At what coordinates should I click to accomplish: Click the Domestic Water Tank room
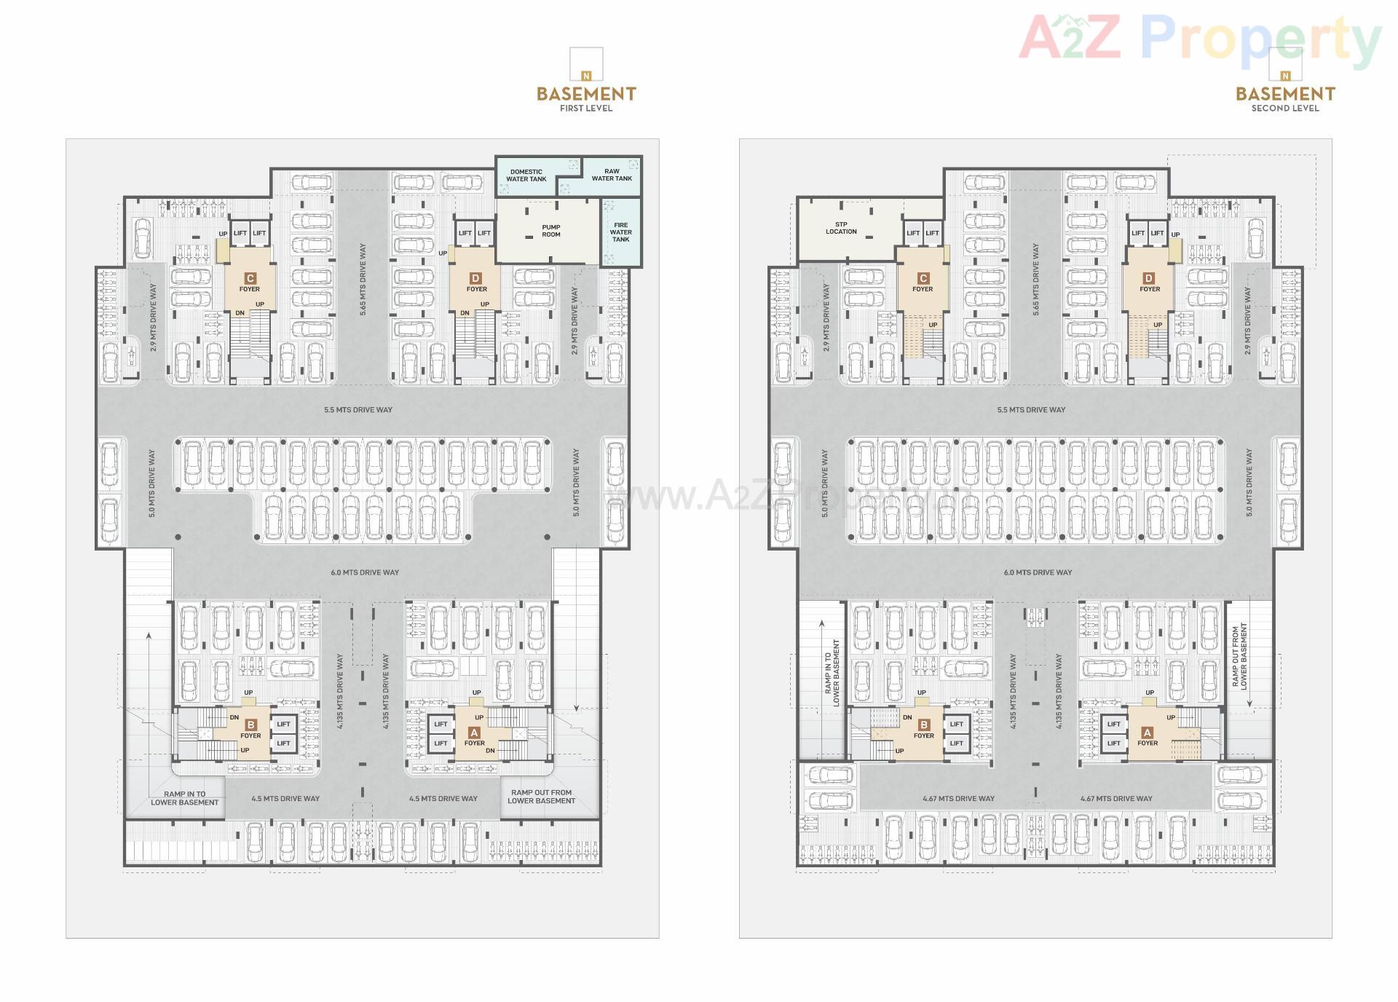(x=526, y=175)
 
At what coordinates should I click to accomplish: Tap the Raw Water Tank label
(x=612, y=175)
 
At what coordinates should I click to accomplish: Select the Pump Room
(x=550, y=231)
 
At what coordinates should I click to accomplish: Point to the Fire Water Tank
(x=621, y=232)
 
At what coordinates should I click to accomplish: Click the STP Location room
(x=841, y=228)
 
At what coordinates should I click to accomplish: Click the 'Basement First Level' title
(x=586, y=98)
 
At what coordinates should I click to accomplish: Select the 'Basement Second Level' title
(x=1285, y=98)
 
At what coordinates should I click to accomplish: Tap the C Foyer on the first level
(x=250, y=283)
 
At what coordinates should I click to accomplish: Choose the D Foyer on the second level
(x=1149, y=283)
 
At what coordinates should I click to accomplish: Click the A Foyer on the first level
(x=475, y=738)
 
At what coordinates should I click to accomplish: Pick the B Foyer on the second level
(x=923, y=730)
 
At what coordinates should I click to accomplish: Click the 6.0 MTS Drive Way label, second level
(x=1038, y=572)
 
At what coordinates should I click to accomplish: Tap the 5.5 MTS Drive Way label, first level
(x=358, y=410)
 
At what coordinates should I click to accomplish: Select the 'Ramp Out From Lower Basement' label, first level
(x=541, y=797)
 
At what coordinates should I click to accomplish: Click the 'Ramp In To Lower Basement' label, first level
(x=184, y=798)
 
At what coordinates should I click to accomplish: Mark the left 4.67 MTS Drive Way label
(x=958, y=799)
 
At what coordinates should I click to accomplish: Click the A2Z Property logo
(x=1200, y=38)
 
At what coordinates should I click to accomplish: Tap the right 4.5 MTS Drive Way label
(x=443, y=799)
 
